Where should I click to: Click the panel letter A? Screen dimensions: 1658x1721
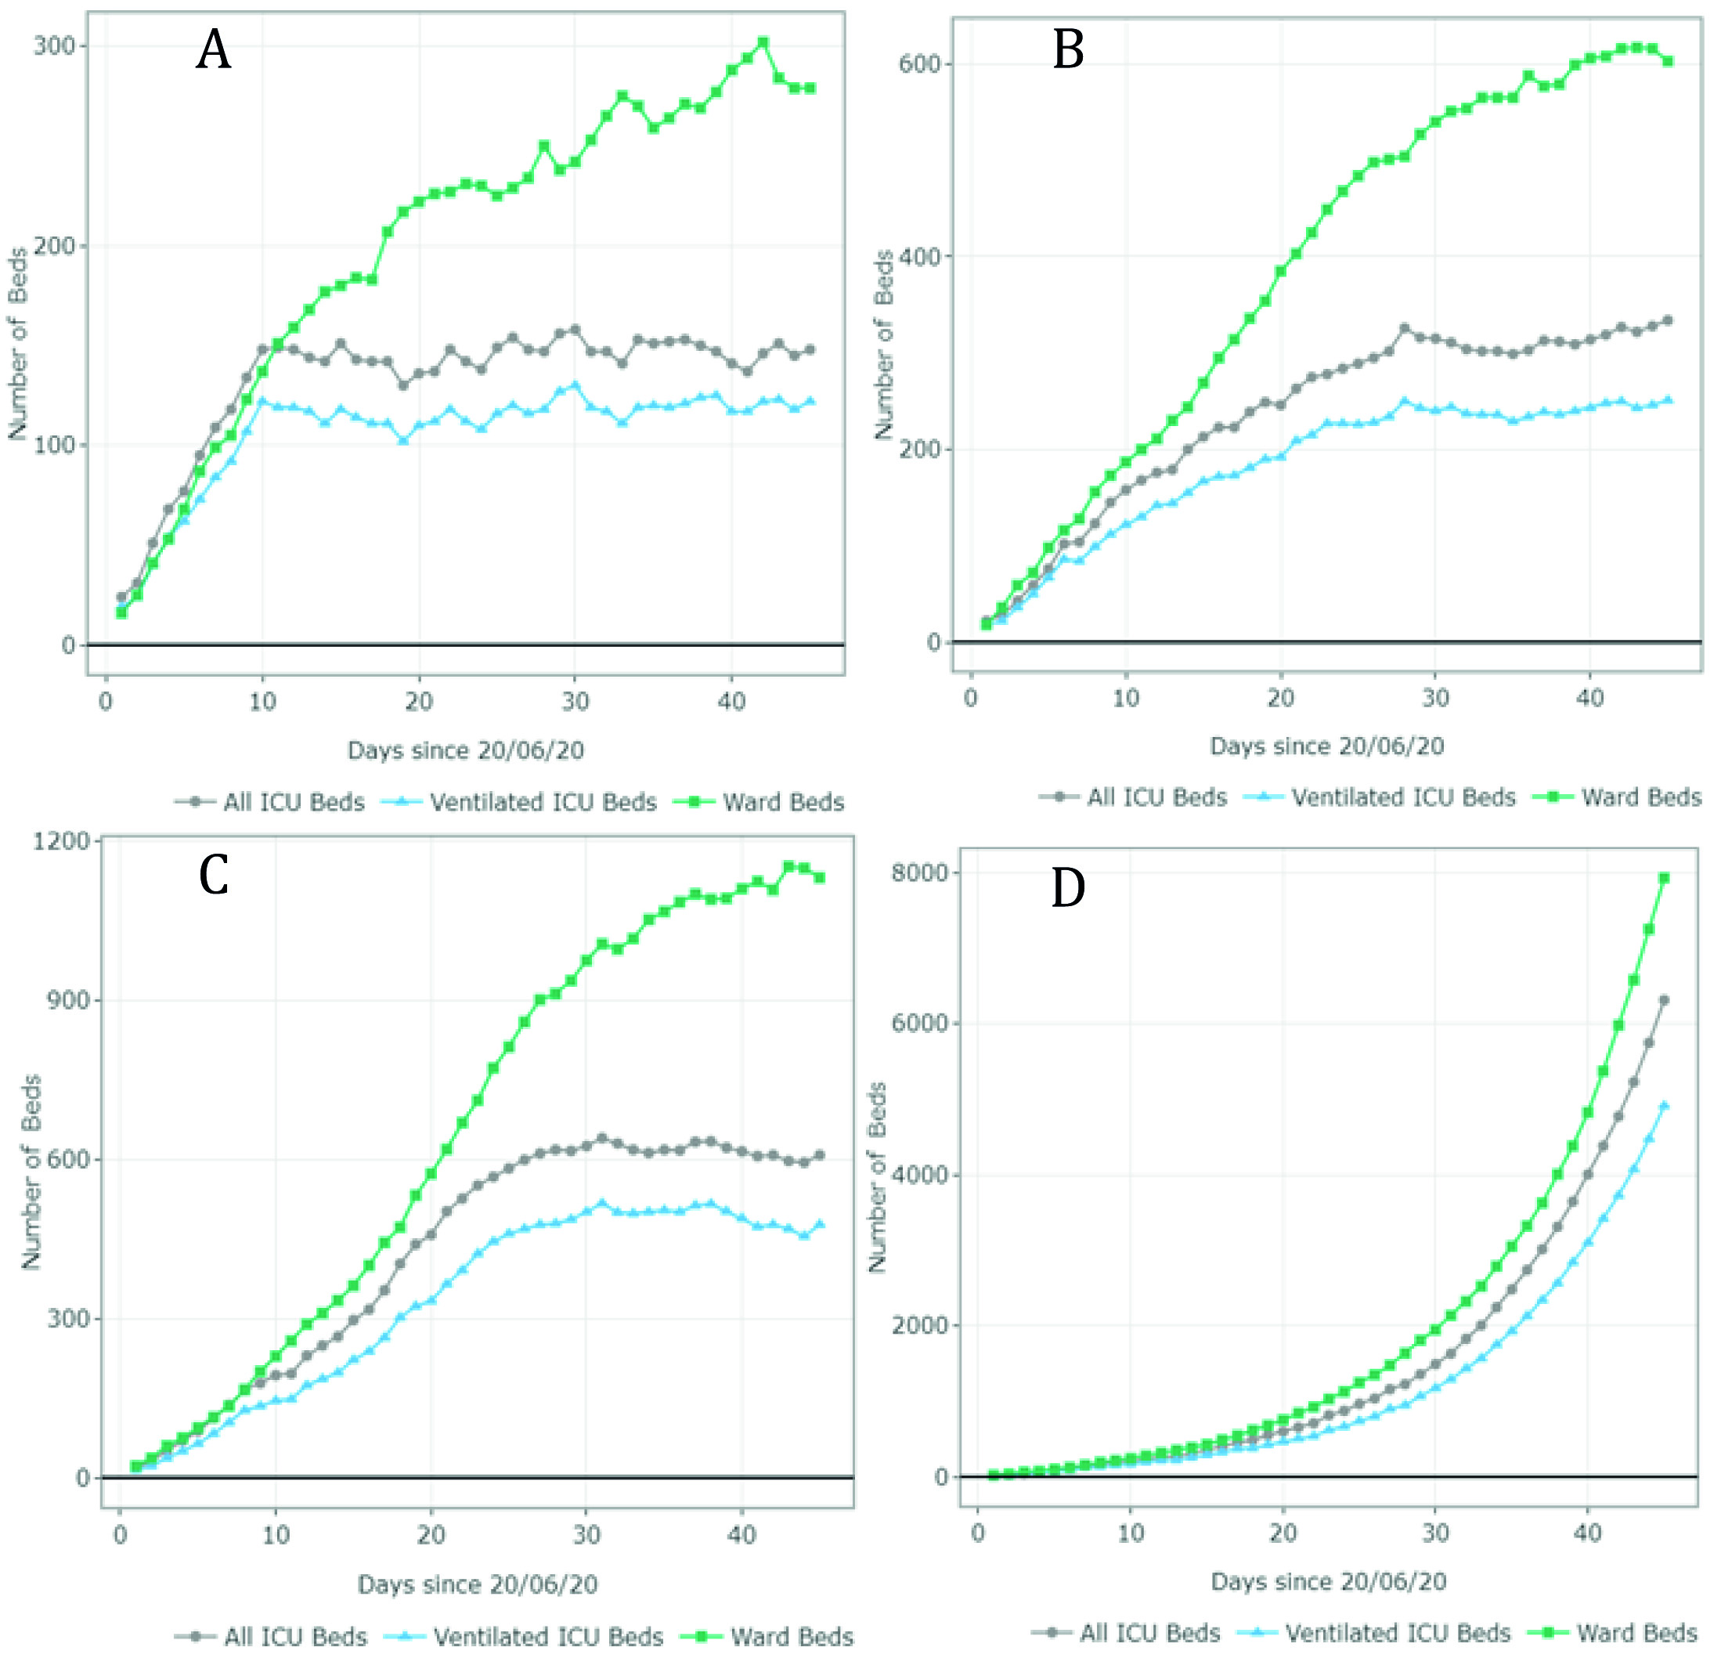(x=214, y=50)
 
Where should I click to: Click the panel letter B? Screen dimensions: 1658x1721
(x=1068, y=50)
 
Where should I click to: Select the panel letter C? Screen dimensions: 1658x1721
(x=214, y=875)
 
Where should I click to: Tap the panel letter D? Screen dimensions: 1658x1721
(x=1068, y=888)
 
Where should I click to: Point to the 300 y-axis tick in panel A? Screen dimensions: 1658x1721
(x=52, y=45)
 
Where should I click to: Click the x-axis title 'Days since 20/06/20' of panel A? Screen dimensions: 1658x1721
(x=465, y=750)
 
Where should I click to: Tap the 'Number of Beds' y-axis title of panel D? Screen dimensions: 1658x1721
(x=877, y=1177)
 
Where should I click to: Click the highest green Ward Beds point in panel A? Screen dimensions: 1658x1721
(x=763, y=42)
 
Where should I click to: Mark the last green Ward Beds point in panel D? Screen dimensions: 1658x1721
(x=1663, y=878)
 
